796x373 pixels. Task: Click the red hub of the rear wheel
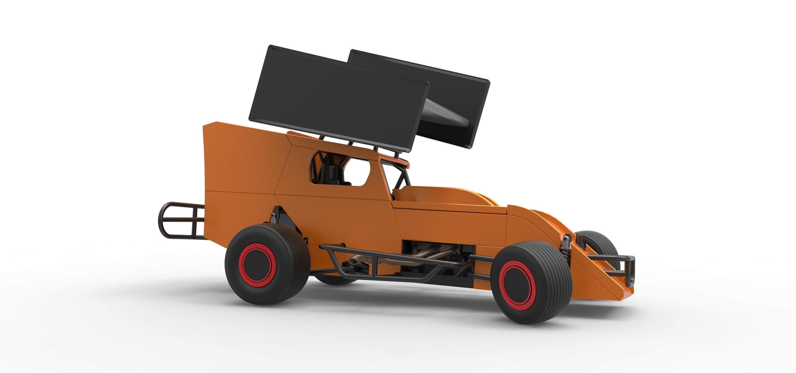click(259, 265)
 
